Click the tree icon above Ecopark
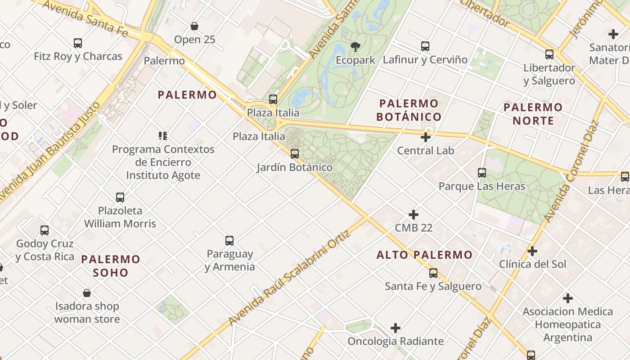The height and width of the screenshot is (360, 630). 355,46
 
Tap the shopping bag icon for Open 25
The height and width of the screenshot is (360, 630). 194,27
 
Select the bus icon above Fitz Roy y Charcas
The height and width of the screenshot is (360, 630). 78,43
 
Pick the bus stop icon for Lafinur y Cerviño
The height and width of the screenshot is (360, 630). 425,46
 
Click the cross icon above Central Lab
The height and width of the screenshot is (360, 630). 426,137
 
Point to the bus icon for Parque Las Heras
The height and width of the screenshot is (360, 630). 482,172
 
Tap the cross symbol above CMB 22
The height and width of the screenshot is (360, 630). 414,215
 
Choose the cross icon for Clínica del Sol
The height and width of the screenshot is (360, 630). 532,251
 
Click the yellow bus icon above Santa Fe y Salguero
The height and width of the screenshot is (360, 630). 433,273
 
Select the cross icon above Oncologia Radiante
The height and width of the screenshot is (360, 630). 396,328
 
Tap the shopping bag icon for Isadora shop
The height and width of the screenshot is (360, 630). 87,293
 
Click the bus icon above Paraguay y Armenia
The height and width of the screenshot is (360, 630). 229,241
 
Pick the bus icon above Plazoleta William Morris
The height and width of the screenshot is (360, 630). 120,197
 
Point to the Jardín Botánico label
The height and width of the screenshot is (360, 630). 294,167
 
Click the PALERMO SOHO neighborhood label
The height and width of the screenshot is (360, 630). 111,265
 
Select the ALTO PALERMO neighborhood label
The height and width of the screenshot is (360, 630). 424,255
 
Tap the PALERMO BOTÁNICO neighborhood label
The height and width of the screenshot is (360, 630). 409,110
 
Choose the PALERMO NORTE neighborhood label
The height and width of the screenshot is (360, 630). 533,114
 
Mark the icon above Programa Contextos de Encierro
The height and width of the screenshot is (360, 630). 163,135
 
